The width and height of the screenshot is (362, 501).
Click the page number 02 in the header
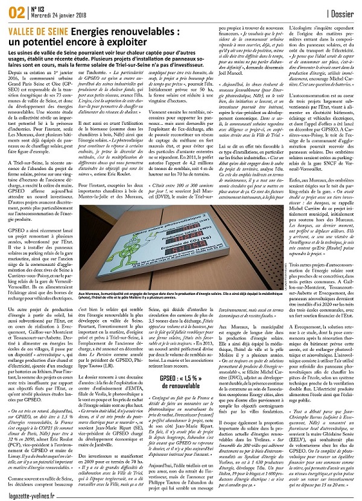(13, 10)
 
